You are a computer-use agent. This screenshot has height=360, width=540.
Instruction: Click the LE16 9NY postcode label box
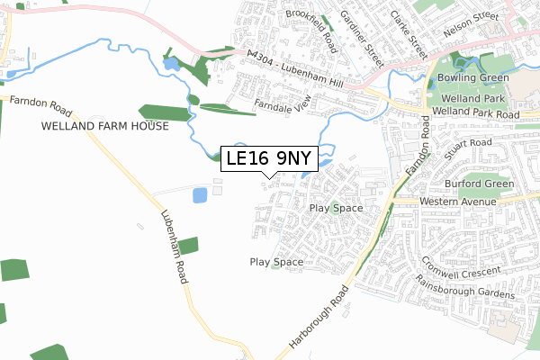(x=269, y=159)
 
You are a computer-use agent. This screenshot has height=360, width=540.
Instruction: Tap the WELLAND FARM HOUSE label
(x=104, y=127)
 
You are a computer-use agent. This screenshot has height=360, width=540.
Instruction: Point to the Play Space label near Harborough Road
(x=276, y=262)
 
